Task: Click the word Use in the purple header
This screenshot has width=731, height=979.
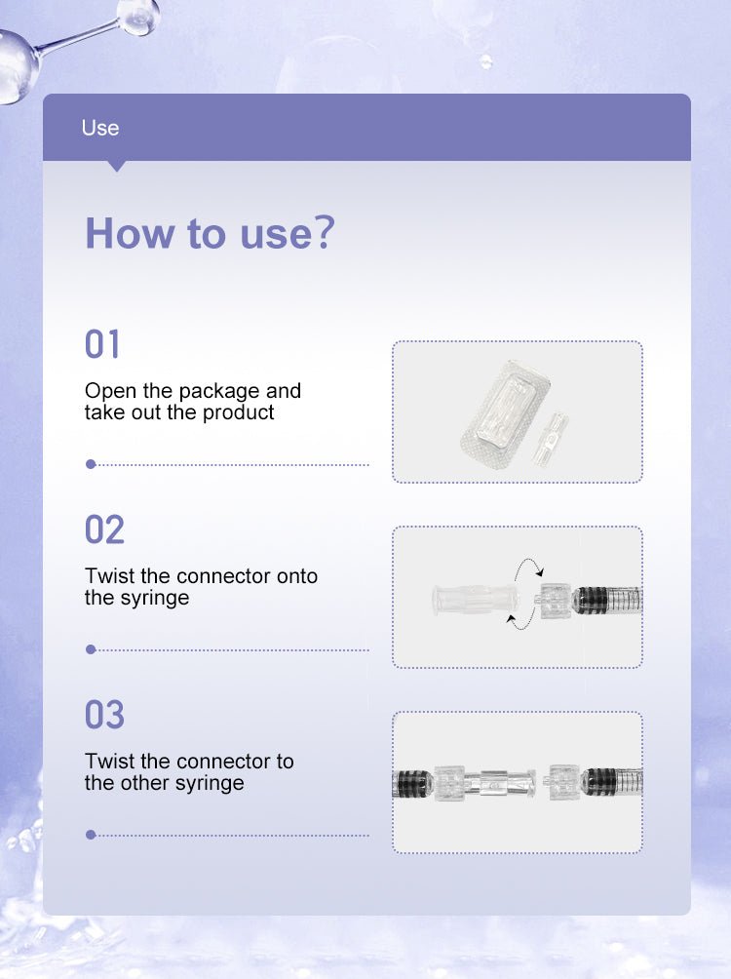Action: point(99,128)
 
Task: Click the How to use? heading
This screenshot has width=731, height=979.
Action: point(211,233)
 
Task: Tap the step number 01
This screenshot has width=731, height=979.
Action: point(101,344)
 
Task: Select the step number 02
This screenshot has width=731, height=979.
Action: point(104,529)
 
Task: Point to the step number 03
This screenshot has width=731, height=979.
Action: point(104,715)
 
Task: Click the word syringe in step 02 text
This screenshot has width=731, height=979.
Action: point(154,598)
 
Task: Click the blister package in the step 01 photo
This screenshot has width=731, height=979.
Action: point(505,413)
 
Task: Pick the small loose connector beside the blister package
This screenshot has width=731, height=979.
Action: point(550,438)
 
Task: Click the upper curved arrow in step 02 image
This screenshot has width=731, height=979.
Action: point(528,566)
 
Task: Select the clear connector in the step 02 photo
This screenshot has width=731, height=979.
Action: point(475,600)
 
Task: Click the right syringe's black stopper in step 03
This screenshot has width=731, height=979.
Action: point(599,782)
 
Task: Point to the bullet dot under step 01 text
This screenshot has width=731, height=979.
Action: point(91,464)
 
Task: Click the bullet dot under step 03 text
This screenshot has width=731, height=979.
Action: point(91,835)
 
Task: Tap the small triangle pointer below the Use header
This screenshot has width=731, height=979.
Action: point(116,166)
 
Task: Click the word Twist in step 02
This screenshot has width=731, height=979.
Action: point(109,575)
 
